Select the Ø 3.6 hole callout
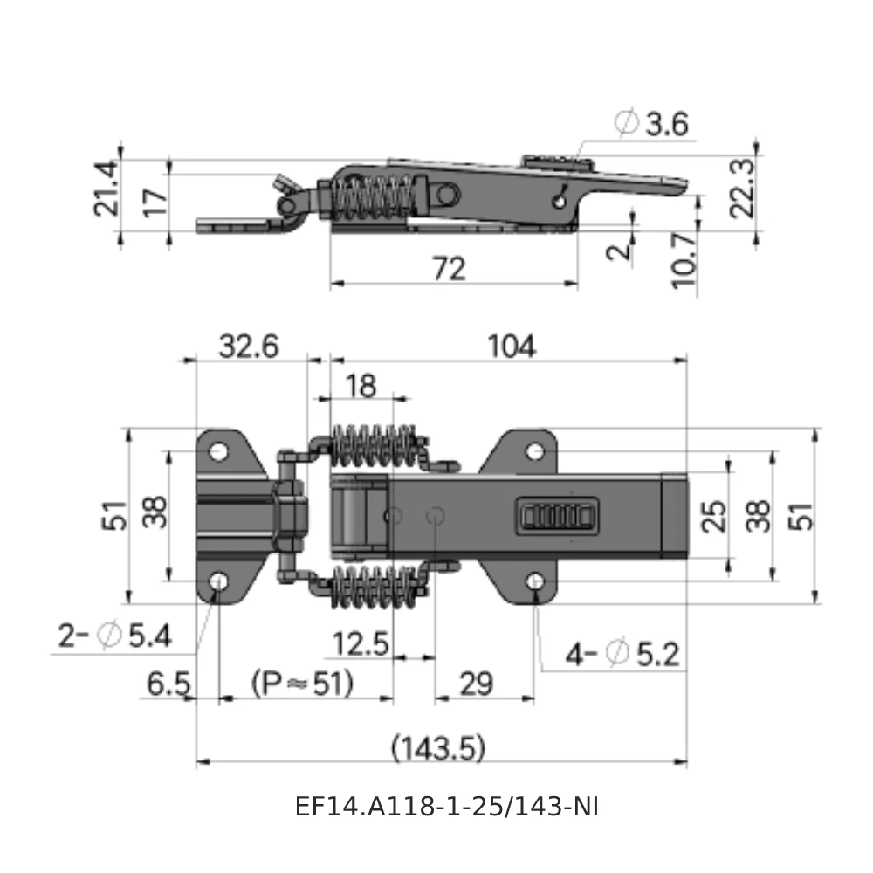[x=653, y=125]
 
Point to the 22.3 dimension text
[x=744, y=189]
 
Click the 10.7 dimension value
[x=685, y=260]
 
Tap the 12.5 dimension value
[x=360, y=644]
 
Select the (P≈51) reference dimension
[x=302, y=683]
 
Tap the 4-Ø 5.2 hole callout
[x=622, y=653]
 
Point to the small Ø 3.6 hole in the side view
[x=559, y=200]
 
